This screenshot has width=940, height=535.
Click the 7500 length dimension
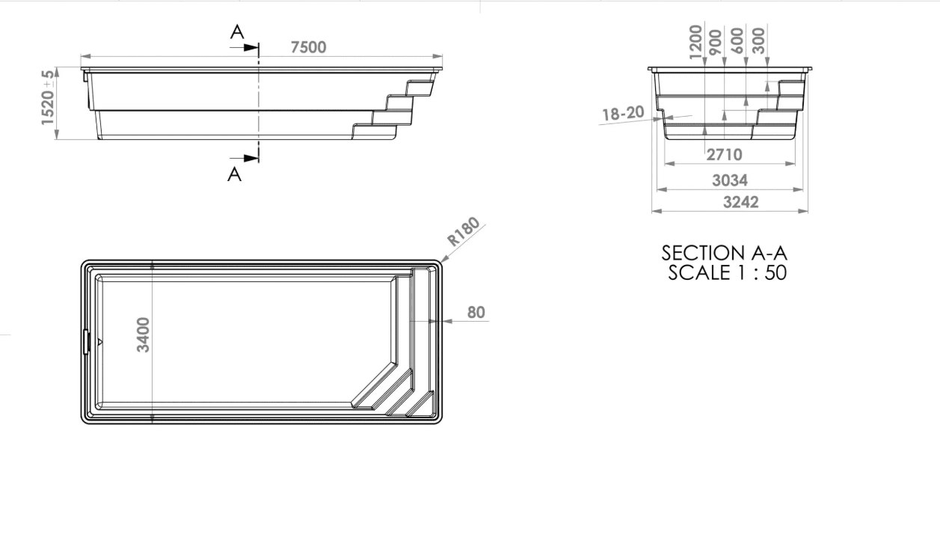tap(308, 47)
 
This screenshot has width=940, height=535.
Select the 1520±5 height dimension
tap(48, 97)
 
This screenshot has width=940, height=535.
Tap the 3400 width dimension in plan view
tap(143, 334)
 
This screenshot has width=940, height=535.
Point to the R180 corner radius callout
tap(464, 231)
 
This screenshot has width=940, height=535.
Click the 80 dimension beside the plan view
tap(476, 313)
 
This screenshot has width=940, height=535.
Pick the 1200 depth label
tap(695, 42)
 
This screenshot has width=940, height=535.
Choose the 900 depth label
tap(716, 42)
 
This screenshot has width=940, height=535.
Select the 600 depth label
tap(737, 40)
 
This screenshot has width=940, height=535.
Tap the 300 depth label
tap(759, 40)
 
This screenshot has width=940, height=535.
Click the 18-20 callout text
tap(623, 114)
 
